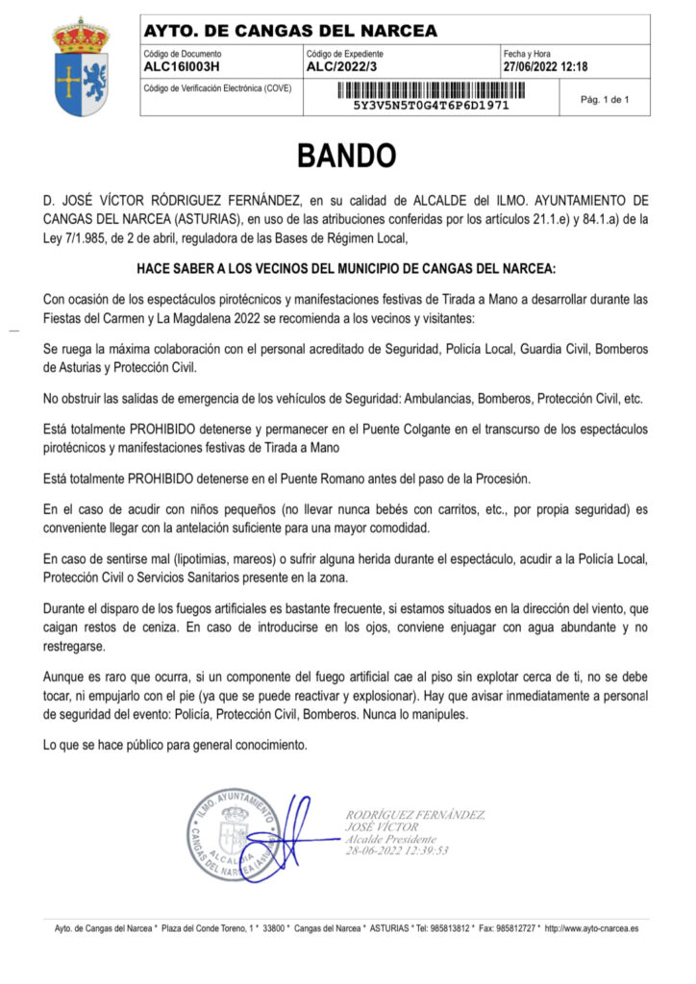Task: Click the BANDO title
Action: point(346,155)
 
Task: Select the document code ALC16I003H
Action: point(182,67)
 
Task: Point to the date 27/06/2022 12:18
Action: point(545,67)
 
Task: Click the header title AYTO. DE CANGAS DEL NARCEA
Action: point(289,32)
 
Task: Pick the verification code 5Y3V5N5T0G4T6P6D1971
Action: point(432,105)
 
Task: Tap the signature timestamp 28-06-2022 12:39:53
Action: point(397,850)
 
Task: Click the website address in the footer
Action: point(592,929)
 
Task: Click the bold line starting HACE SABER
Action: point(346,266)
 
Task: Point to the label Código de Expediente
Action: point(346,54)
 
